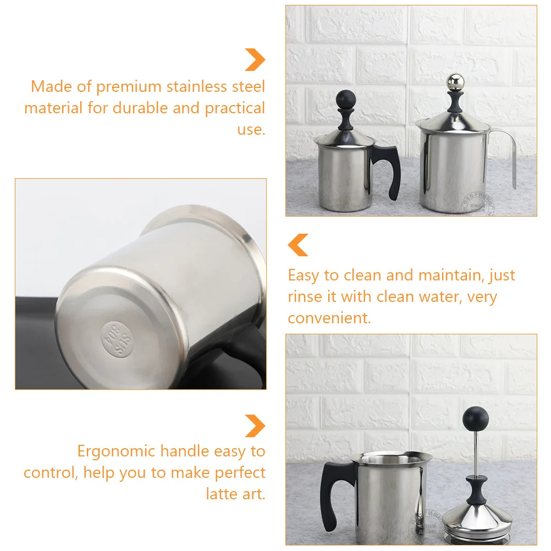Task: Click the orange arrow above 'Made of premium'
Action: pyautogui.click(x=255, y=60)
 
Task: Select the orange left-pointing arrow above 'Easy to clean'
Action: pyautogui.click(x=299, y=245)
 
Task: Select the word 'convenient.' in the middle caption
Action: pyautogui.click(x=329, y=318)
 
